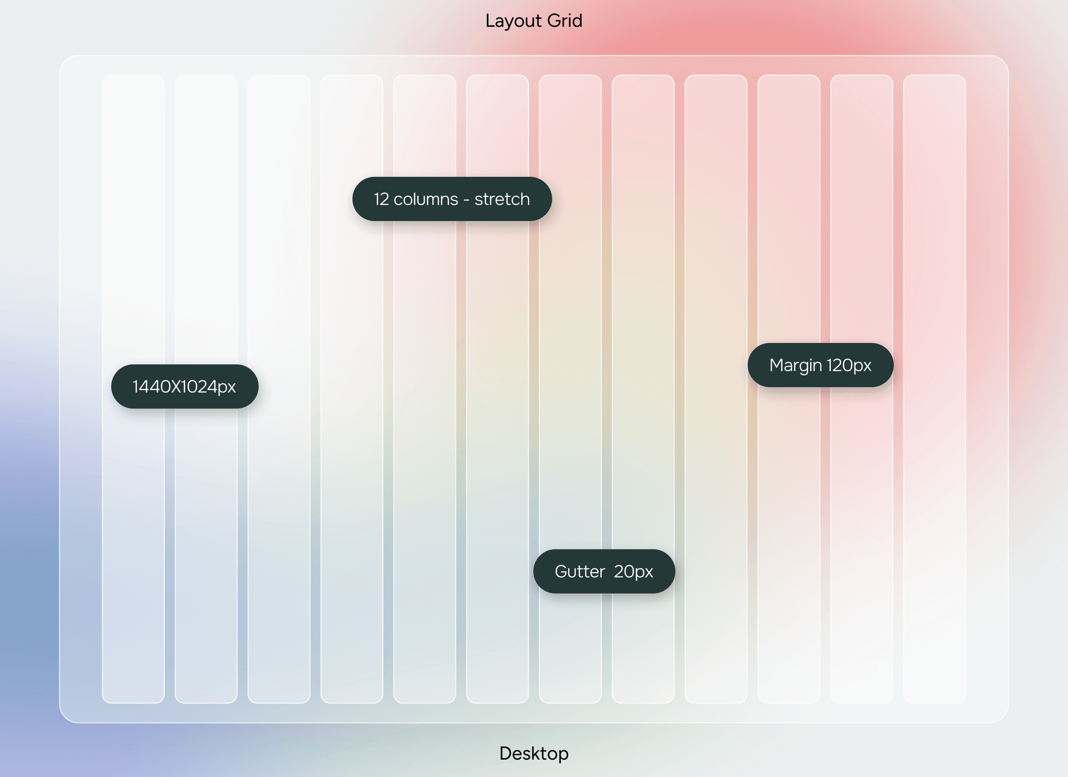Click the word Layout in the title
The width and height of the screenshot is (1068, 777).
tap(513, 21)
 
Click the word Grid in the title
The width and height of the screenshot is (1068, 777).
tap(564, 21)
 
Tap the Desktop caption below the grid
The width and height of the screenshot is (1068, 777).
tap(534, 754)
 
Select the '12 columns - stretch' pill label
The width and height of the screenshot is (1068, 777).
tap(452, 199)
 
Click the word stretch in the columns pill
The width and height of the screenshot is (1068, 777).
tap(502, 199)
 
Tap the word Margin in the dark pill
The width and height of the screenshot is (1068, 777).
tap(795, 365)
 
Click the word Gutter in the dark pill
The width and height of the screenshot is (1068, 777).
tap(580, 572)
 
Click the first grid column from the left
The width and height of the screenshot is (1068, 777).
tap(133, 518)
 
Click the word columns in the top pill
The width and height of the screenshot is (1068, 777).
tap(426, 199)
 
